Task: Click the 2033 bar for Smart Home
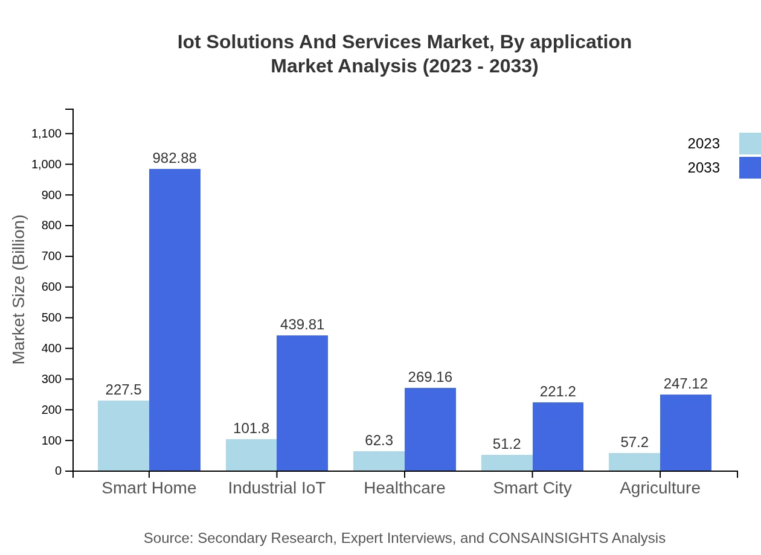click(175, 320)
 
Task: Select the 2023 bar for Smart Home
click(123, 436)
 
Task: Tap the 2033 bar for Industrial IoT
click(302, 403)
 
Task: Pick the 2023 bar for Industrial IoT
click(251, 455)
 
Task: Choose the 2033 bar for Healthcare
click(430, 429)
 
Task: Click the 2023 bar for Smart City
click(507, 463)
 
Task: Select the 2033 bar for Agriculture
click(686, 433)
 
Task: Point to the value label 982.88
click(175, 158)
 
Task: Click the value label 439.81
click(302, 325)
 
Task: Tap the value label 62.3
click(379, 440)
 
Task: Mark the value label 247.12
click(686, 384)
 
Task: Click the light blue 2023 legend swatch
click(750, 144)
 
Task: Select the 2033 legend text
click(704, 168)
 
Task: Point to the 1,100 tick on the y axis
click(47, 133)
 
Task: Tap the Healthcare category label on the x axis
click(405, 488)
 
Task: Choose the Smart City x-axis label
click(532, 488)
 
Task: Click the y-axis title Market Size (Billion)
click(19, 290)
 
